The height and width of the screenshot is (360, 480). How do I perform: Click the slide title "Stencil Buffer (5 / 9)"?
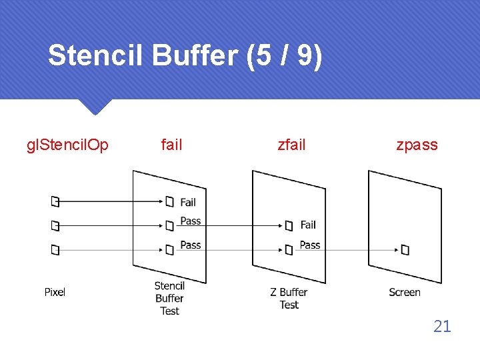click(185, 56)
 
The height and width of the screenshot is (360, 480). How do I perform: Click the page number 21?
click(442, 326)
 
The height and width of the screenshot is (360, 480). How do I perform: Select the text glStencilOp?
click(67, 145)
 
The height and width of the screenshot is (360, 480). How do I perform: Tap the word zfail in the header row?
click(291, 145)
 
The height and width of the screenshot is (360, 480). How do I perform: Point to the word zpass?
click(417, 145)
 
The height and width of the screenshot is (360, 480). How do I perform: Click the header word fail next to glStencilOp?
click(171, 145)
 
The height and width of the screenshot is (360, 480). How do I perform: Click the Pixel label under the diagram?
click(55, 292)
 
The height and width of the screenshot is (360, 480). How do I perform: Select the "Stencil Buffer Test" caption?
click(169, 298)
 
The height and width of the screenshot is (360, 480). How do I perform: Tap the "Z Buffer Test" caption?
click(289, 298)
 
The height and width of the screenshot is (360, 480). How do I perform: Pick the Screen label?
click(405, 292)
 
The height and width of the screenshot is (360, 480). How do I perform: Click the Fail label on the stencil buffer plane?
click(188, 202)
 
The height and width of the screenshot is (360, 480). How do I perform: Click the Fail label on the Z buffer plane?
click(308, 225)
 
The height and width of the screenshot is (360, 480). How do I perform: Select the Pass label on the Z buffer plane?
click(310, 245)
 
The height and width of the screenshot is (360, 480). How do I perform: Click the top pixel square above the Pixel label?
click(55, 201)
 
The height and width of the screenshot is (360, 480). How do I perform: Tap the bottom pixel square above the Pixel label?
click(55, 250)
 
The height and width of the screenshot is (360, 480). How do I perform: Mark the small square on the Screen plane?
click(405, 250)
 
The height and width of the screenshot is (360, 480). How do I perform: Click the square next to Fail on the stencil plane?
click(169, 201)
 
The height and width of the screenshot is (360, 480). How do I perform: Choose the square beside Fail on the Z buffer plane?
click(289, 226)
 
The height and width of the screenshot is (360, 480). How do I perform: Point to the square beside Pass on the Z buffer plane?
click(289, 250)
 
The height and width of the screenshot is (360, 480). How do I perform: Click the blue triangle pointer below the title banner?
click(94, 107)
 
